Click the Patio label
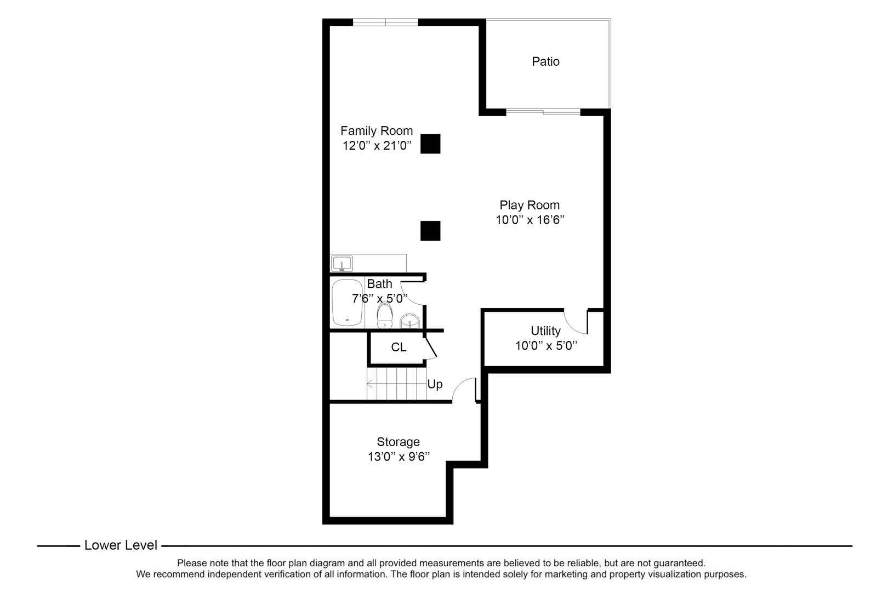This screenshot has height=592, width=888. coord(545,61)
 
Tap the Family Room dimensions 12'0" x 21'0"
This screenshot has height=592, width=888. coord(377,146)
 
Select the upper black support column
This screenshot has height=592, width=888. coord(430,144)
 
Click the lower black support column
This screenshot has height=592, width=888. coord(430,231)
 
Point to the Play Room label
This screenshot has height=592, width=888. coord(530,205)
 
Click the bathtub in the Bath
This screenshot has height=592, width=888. coord(348,302)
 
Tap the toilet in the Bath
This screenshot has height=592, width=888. coord(385,315)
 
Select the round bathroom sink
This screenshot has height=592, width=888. coord(409,321)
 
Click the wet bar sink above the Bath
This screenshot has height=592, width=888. coord(342,264)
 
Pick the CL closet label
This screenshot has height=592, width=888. coord(399,348)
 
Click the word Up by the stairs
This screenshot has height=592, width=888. coord(435,384)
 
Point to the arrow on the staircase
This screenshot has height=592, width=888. coord(371,384)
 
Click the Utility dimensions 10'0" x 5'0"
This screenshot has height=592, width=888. coord(547,346)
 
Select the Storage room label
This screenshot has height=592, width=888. coord(398,442)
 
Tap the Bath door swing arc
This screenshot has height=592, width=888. coord(411,293)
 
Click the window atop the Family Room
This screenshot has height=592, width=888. coord(385,22)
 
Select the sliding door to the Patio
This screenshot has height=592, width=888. coord(543,112)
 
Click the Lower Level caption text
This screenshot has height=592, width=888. coord(121,545)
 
